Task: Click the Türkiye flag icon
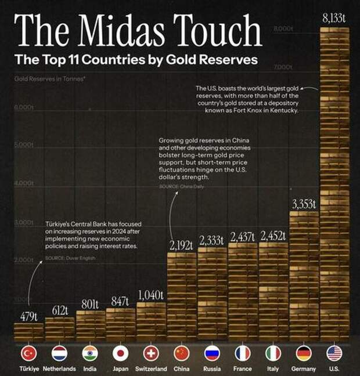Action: click(28, 353)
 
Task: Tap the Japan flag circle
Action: click(120, 353)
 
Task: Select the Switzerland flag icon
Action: click(151, 353)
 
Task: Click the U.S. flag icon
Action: click(334, 353)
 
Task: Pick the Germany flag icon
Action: click(304, 353)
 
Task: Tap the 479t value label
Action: click(28, 316)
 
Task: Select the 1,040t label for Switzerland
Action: click(151, 294)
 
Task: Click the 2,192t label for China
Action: click(181, 246)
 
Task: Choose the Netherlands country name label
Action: click(59, 369)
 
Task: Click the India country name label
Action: click(90, 369)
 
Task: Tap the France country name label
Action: click(243, 369)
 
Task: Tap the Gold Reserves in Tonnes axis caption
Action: click(49, 77)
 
